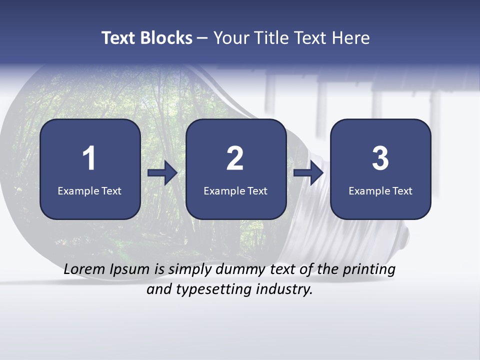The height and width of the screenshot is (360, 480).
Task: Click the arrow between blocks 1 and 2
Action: (163, 173)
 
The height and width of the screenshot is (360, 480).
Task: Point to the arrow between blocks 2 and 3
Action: (308, 173)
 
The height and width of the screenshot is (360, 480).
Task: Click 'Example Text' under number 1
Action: (89, 190)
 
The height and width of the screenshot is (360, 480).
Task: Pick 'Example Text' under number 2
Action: (235, 190)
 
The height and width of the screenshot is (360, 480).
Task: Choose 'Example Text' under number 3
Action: (380, 190)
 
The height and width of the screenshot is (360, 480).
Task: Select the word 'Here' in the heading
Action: (351, 38)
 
